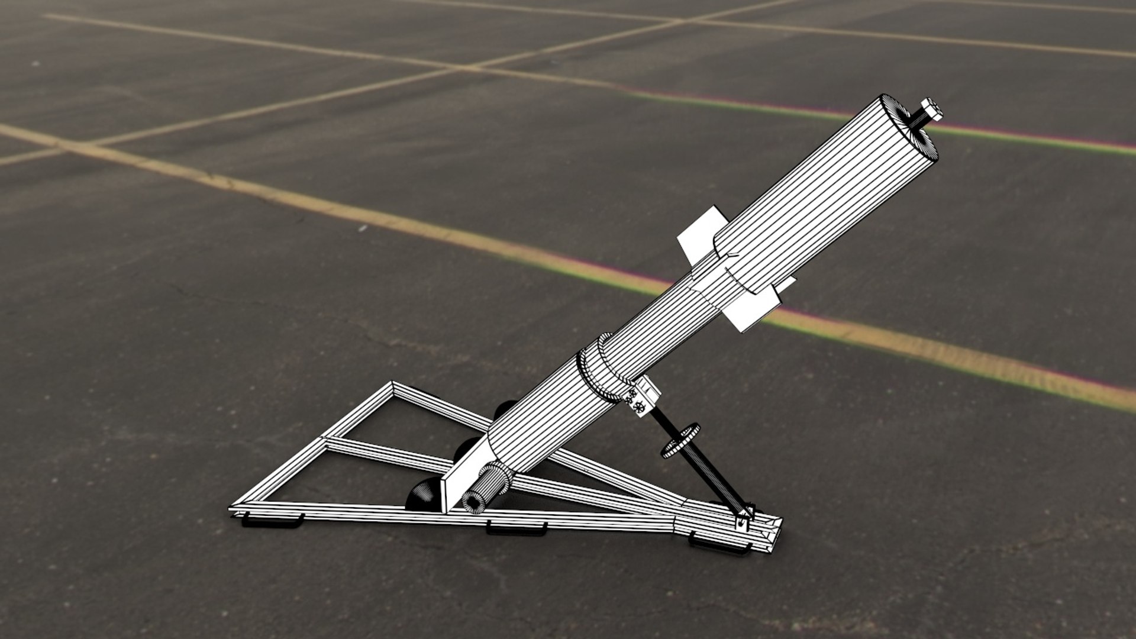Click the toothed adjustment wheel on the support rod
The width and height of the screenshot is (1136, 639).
coord(680,440)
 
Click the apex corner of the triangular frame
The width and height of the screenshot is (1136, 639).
coord(392,385)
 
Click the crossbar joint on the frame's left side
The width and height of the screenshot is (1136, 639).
coord(324,441)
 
